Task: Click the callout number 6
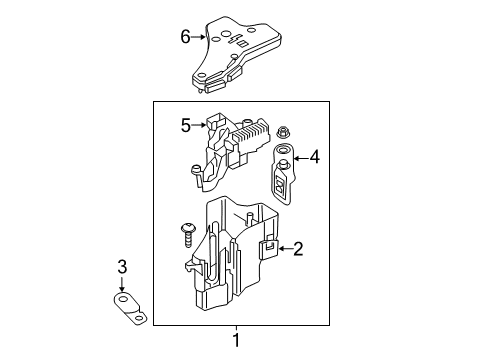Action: pos(185,37)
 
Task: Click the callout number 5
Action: pos(186,125)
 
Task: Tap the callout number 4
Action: pos(314,157)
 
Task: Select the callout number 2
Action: pos(298,249)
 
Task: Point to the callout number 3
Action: pos(122,267)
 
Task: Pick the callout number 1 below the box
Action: pos(236,340)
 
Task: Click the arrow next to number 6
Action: pos(199,37)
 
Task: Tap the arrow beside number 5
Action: pos(199,125)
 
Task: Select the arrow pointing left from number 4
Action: pos(300,158)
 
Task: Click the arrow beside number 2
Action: pos(285,248)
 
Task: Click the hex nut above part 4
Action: pos(283,132)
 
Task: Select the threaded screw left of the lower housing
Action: pos(188,235)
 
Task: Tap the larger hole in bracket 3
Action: pos(123,299)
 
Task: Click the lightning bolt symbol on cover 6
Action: pos(232,39)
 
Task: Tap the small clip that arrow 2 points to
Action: pos(268,248)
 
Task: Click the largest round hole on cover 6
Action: pos(226,34)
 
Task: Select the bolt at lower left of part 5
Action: pos(195,170)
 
